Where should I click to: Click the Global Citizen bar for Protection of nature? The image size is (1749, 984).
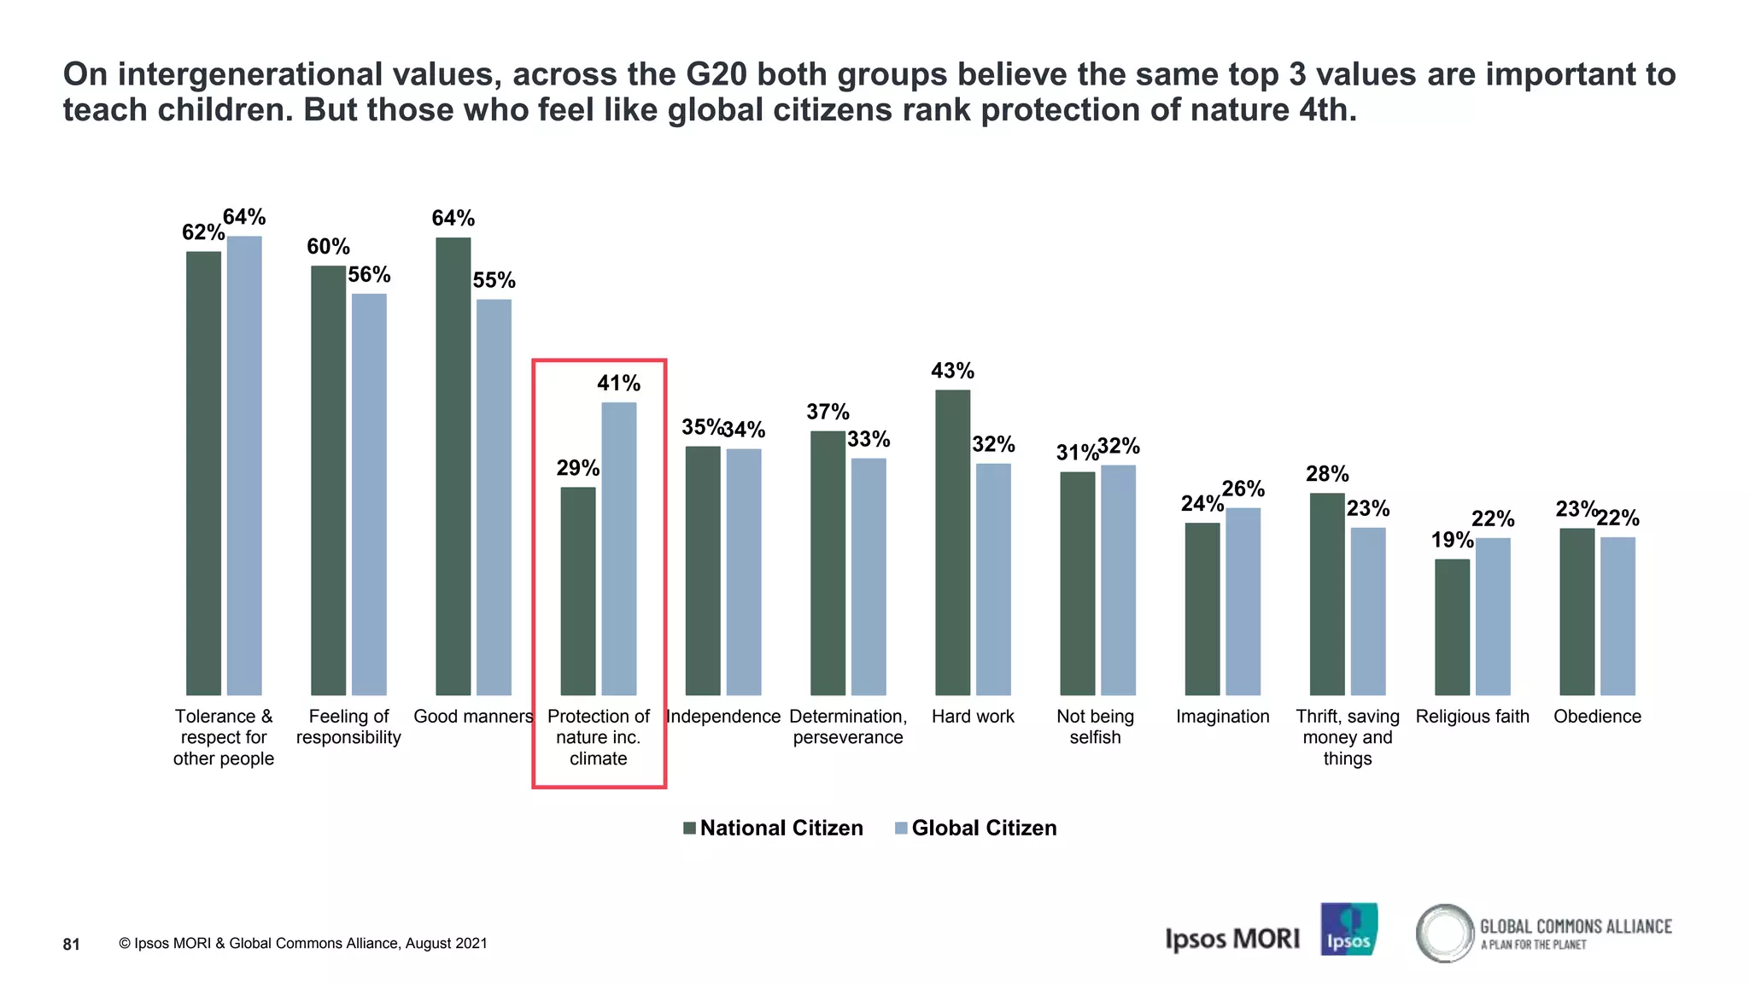[x=618, y=548]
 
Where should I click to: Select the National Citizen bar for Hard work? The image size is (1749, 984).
[x=952, y=542]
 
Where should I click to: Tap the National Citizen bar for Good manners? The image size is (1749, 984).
[x=453, y=466]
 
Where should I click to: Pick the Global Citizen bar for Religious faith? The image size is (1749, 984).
[x=1493, y=616]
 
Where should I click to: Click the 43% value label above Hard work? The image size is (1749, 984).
[x=952, y=371]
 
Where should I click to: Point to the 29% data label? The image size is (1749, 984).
[x=577, y=468]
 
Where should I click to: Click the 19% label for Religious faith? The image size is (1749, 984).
[x=1452, y=540]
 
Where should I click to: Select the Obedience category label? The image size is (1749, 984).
[x=1597, y=717]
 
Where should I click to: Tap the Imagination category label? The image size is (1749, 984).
[x=1222, y=717]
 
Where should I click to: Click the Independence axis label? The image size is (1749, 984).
[x=722, y=717]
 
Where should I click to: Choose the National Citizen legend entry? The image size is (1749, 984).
[x=781, y=828]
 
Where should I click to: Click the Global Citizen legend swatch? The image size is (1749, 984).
[x=901, y=828]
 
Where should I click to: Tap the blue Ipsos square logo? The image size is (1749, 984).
[x=1348, y=929]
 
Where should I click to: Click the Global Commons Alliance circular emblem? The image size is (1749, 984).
[x=1445, y=933]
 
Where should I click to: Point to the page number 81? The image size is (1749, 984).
[x=72, y=944]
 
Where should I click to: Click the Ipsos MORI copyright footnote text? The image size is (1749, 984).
[x=303, y=943]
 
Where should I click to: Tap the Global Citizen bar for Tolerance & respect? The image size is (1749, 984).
[x=244, y=466]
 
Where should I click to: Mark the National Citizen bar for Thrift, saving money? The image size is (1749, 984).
[x=1326, y=594]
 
